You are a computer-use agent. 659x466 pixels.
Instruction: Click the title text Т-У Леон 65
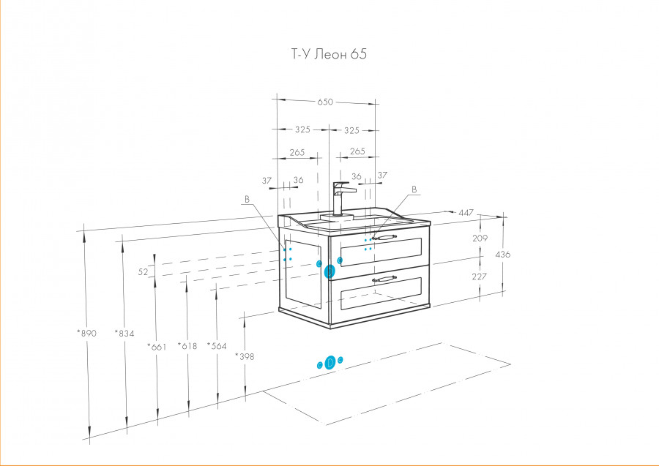click(329, 54)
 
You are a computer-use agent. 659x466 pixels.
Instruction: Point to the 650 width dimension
click(325, 102)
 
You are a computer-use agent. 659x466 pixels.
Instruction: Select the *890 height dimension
click(86, 334)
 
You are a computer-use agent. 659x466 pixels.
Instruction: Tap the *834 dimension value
click(124, 334)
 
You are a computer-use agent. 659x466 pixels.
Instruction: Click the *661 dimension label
click(157, 347)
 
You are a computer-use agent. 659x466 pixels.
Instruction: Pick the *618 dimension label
click(187, 346)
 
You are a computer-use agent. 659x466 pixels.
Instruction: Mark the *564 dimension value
click(217, 345)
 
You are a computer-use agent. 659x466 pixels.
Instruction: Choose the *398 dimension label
click(245, 356)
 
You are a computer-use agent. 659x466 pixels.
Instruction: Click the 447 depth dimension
click(466, 212)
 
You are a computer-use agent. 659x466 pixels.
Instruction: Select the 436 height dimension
click(503, 254)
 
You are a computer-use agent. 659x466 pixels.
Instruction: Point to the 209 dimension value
click(480, 238)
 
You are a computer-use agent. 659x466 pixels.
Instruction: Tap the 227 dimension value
click(480, 277)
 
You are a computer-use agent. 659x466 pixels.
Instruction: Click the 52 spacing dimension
click(144, 271)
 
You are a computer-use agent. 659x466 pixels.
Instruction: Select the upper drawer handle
click(384, 238)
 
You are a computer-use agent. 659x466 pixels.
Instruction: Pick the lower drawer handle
click(384, 278)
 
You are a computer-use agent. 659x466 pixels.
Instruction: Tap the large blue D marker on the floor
click(330, 362)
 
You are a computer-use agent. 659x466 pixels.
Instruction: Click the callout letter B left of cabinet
click(247, 199)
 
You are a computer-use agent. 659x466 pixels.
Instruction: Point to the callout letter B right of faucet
click(414, 189)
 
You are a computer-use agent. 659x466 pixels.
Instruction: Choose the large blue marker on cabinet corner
click(330, 271)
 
